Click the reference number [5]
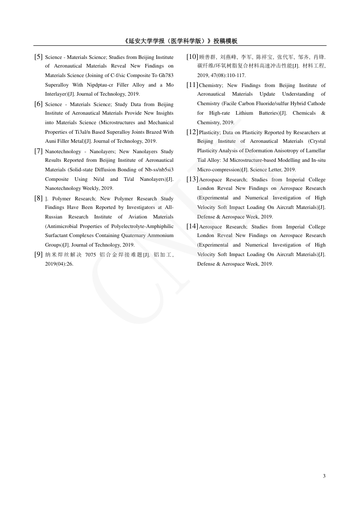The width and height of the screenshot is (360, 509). [x=39, y=57]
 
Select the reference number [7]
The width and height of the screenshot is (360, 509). [x=39, y=151]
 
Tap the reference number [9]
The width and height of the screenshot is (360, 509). [x=39, y=254]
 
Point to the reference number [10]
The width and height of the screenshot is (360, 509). [x=192, y=57]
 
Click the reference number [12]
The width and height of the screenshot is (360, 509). [x=192, y=132]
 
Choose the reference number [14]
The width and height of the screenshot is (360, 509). [x=192, y=226]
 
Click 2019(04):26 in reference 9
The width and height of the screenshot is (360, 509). [x=59, y=264]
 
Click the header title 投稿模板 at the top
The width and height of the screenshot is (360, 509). [x=225, y=41]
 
